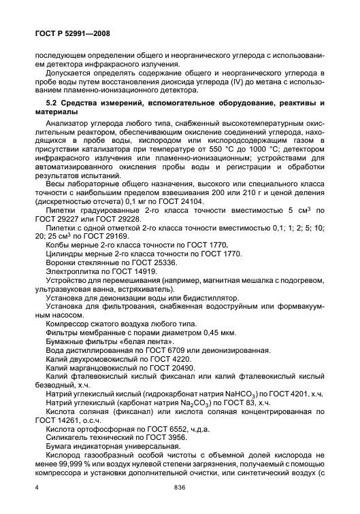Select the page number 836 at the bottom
coord(180,489)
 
